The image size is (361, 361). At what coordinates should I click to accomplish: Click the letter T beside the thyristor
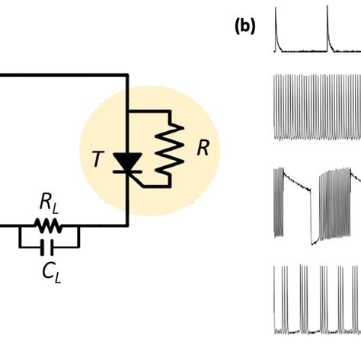tap(97, 159)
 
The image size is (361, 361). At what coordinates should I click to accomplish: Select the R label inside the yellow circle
tap(203, 148)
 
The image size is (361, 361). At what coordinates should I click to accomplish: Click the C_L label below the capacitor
tap(51, 271)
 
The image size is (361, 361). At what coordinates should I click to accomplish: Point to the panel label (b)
tap(245, 26)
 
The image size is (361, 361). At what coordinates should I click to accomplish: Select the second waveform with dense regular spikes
tap(316, 107)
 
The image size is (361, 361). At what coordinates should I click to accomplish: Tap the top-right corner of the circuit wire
tap(127, 75)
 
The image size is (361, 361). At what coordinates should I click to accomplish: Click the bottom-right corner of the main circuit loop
tap(127, 226)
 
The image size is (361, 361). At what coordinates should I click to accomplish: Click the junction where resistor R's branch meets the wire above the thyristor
tap(127, 110)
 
